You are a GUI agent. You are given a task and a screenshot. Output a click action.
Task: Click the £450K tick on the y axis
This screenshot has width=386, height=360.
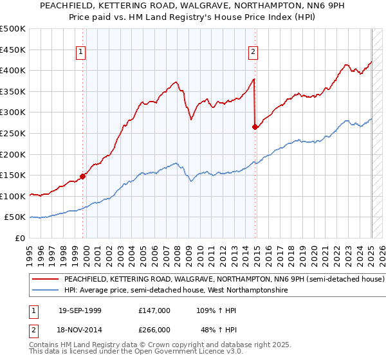pyautogui.click(x=13, y=50)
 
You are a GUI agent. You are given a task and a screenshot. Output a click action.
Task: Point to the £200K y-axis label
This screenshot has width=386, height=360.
pyautogui.click(x=13, y=154)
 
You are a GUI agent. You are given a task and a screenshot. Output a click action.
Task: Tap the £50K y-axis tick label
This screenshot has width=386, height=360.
pyautogui.click(x=15, y=217)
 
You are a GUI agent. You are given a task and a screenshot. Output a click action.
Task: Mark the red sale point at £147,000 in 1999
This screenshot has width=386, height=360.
pyautogui.click(x=82, y=175)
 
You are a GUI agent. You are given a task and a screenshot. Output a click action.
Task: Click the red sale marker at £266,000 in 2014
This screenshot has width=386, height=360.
pyautogui.click(x=255, y=127)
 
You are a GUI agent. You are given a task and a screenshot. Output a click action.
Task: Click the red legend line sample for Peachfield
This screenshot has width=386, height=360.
pyautogui.click(x=44, y=280)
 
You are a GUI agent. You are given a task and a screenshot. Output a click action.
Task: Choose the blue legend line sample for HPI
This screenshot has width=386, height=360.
pyautogui.click(x=44, y=291)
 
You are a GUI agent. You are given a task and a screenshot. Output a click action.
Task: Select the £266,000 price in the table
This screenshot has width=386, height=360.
pyautogui.click(x=154, y=329)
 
